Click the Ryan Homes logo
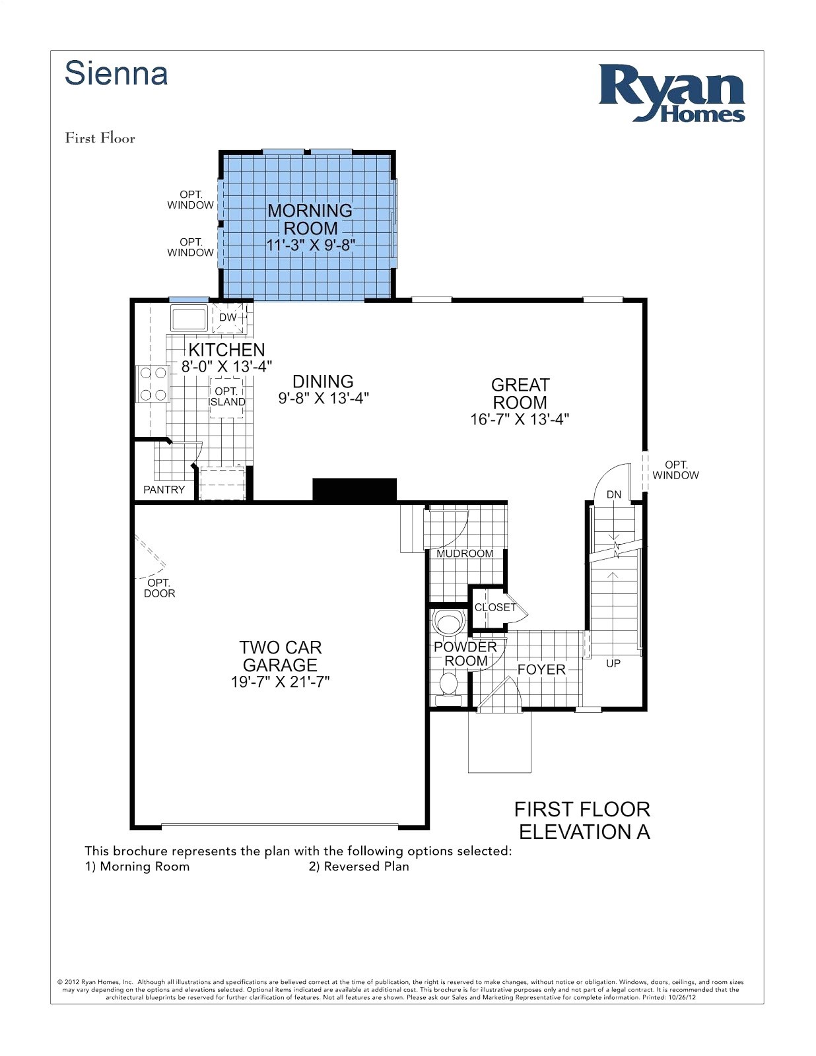click(671, 93)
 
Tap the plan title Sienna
click(116, 73)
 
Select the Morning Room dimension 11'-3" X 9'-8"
click(310, 245)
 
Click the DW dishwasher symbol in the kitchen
click(228, 317)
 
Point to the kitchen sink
click(189, 317)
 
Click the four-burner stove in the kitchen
click(153, 384)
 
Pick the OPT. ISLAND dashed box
click(227, 397)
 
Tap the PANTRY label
click(164, 490)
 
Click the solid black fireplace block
click(354, 490)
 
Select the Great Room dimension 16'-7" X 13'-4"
click(520, 419)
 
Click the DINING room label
click(323, 381)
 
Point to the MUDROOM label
click(465, 554)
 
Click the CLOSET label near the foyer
click(495, 607)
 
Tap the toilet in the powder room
click(449, 684)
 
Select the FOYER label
click(541, 669)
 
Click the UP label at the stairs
click(613, 663)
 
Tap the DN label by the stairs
click(614, 494)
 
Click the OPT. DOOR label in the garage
click(160, 588)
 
